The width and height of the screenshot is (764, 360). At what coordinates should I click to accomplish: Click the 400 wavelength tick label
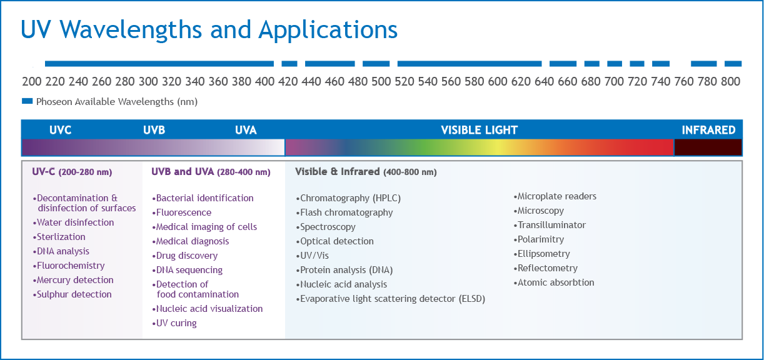[x=264, y=81]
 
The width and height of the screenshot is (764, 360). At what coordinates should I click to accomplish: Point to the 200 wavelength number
[x=32, y=81]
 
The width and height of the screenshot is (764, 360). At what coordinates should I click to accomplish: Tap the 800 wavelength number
[x=731, y=81]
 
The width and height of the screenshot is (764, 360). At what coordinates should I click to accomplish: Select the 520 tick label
[x=405, y=81]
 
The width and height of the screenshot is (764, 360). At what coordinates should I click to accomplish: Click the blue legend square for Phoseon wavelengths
[x=28, y=101]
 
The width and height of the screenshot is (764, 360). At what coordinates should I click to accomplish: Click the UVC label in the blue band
[x=61, y=130]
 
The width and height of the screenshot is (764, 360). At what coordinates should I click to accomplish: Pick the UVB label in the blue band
[x=154, y=130]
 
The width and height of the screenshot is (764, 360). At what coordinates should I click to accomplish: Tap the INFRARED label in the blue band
[x=708, y=130]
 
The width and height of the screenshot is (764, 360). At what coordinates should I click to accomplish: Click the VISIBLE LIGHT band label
[x=479, y=130]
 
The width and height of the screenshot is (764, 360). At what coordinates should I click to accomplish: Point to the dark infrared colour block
[x=708, y=147]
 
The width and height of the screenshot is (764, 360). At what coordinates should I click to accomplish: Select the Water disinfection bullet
[x=73, y=222]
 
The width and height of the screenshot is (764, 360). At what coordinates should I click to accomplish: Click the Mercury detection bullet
[x=73, y=280]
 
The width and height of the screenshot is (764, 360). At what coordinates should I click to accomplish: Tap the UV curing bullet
[x=174, y=323]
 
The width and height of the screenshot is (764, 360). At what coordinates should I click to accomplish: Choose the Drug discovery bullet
[x=185, y=256]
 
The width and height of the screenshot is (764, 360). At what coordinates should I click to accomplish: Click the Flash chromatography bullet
[x=344, y=212]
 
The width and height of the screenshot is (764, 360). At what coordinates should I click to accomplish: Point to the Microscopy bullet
[x=538, y=211]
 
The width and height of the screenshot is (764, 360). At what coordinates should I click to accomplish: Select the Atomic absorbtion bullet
[x=554, y=282]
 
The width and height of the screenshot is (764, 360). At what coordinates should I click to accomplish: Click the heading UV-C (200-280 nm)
[x=72, y=172]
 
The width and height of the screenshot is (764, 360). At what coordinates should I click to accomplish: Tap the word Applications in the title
[x=328, y=30]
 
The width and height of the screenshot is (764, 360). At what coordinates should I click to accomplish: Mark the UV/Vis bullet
[x=313, y=256]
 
